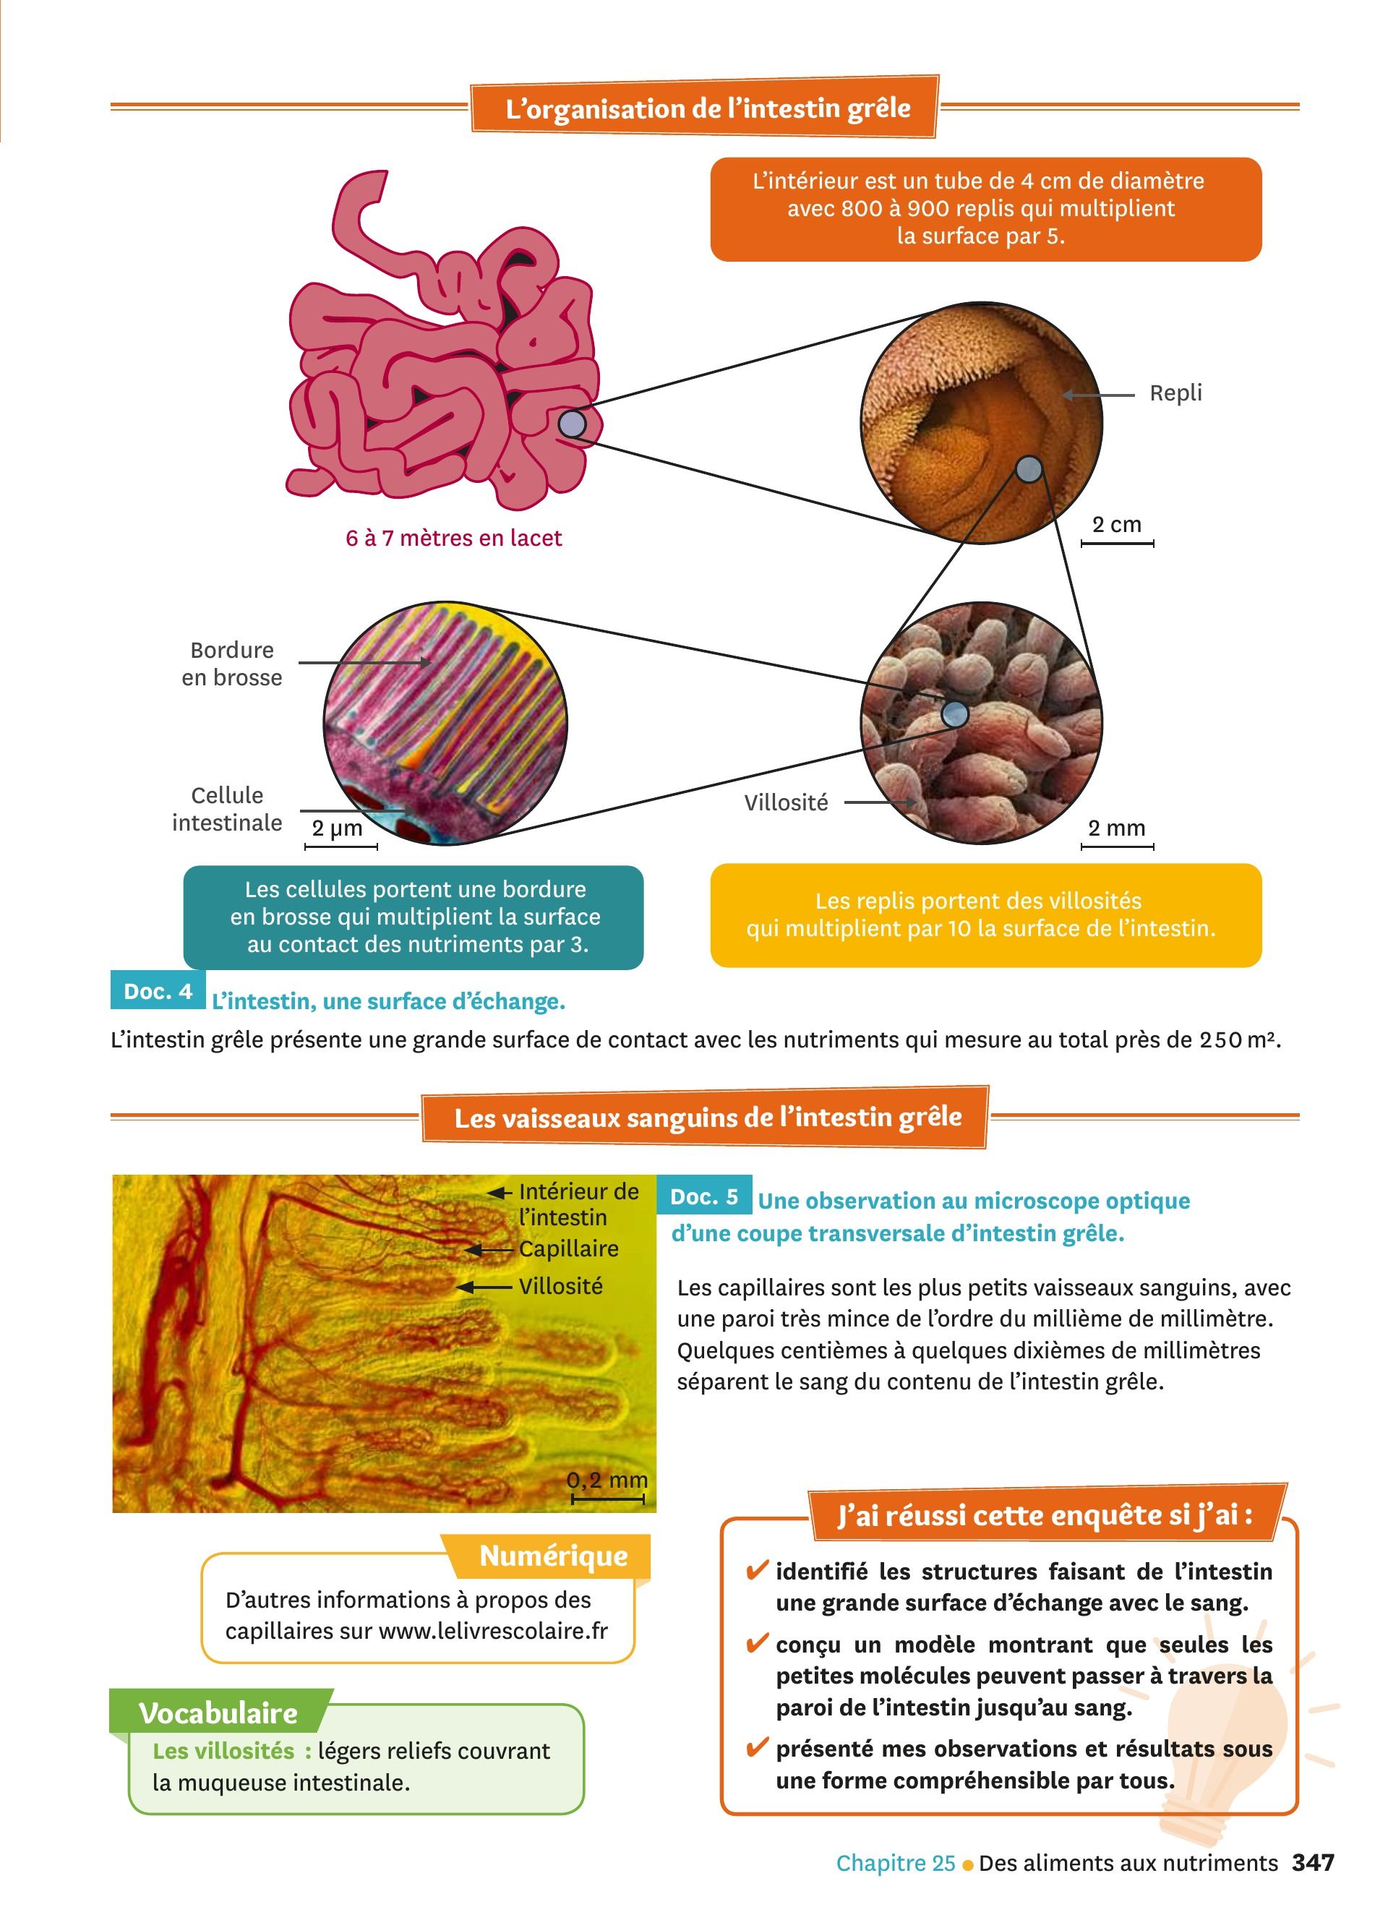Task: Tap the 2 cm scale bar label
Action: click(x=1116, y=525)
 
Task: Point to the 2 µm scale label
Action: click(x=337, y=828)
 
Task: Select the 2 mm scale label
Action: click(x=1116, y=828)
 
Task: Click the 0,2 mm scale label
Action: click(x=607, y=1480)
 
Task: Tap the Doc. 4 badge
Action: click(x=158, y=991)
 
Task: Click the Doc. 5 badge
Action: click(x=704, y=1196)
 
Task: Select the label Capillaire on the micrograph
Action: click(x=569, y=1248)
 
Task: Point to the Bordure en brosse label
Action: click(x=231, y=664)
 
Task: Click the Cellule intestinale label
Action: click(x=227, y=810)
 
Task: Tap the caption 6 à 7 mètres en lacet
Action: click(x=454, y=539)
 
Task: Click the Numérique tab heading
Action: click(x=554, y=1556)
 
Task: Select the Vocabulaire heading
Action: click(x=218, y=1713)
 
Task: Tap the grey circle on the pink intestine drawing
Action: click(x=573, y=424)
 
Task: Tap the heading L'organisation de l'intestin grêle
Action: click(x=708, y=109)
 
